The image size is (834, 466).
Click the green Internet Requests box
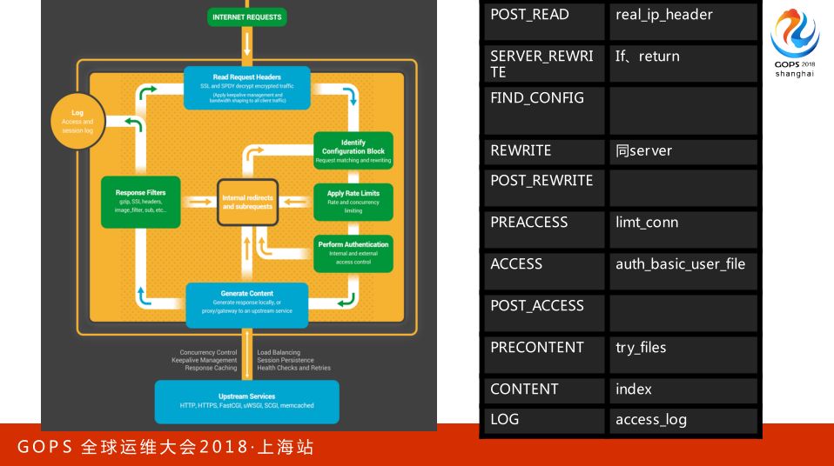[x=247, y=17]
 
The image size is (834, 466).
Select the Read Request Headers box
[x=247, y=89]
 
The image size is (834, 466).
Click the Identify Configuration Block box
[x=353, y=150]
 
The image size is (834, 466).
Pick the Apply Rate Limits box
[x=353, y=200]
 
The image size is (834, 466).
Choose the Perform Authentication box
[x=353, y=251]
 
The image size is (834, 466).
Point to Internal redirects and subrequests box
[x=247, y=202]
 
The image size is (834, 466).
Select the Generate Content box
[x=247, y=304]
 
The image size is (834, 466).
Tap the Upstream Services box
[x=247, y=401]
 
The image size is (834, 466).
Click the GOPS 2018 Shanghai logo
[x=795, y=43]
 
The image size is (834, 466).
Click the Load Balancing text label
[x=279, y=353]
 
